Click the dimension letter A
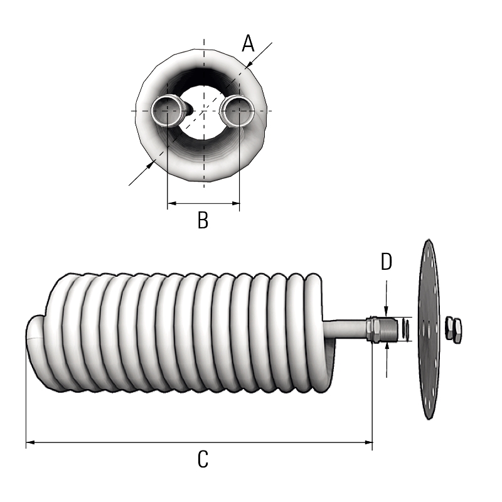[x=248, y=44]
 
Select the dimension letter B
[x=203, y=220]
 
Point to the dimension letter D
[x=387, y=262]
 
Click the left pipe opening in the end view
[x=168, y=111]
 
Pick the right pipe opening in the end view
[x=239, y=111]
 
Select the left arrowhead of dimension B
[x=171, y=203]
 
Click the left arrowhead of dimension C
[x=29, y=443]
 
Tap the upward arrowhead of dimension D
[x=387, y=347]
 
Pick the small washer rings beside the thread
[x=406, y=329]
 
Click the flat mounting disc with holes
[x=429, y=329]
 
